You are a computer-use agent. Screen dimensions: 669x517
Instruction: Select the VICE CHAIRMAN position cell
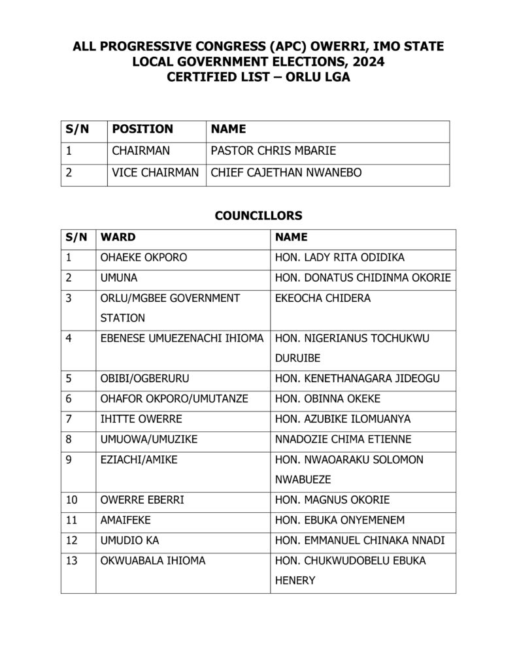click(156, 173)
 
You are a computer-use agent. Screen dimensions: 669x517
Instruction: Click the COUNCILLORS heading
click(258, 215)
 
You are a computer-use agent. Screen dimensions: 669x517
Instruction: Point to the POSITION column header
click(142, 129)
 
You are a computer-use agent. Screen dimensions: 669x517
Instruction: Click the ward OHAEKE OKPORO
click(143, 257)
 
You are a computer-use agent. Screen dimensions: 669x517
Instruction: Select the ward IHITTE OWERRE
click(141, 419)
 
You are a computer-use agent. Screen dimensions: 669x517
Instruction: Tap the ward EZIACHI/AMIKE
click(139, 459)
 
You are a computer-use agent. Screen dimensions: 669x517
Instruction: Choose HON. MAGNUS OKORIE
click(333, 500)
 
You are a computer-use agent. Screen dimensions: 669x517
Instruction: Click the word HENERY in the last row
click(295, 580)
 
